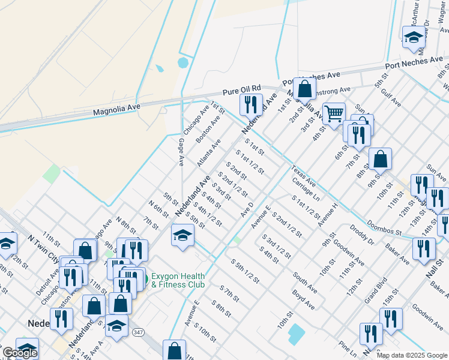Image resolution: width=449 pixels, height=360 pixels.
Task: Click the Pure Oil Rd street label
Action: (242, 90)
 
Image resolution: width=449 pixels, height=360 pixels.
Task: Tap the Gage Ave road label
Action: (181, 152)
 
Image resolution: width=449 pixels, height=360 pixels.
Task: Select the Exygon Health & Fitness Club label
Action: (178, 280)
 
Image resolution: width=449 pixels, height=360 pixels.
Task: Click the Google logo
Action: (20, 353)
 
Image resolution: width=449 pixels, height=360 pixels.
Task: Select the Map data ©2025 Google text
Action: (412, 355)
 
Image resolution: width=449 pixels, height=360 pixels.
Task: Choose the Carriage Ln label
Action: (306, 188)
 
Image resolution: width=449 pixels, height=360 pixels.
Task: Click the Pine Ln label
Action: (348, 346)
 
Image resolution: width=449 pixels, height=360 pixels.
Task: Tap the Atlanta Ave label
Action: (209, 152)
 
